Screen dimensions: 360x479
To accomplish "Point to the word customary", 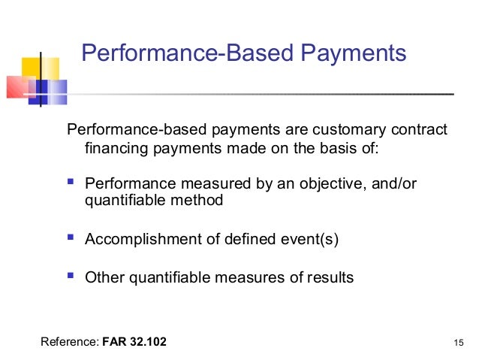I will point(332,129).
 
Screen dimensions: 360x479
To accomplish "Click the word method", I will point(199,201).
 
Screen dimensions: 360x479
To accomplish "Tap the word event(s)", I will point(307,240).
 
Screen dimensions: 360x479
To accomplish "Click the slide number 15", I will point(460,343).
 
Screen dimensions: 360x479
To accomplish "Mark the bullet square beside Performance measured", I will point(71,183).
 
